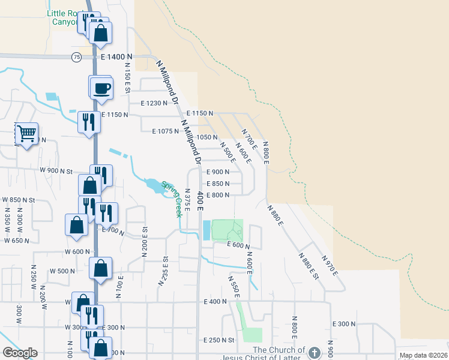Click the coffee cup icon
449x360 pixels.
click(x=101, y=88)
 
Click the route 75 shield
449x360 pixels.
click(x=76, y=56)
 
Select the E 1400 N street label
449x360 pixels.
click(x=116, y=56)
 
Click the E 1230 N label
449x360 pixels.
click(x=154, y=103)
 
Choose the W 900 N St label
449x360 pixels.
click(x=56, y=171)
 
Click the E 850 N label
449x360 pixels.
click(x=218, y=184)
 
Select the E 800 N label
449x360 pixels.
click(x=218, y=195)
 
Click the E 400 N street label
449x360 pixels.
click(x=215, y=301)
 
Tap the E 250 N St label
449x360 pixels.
click(x=218, y=340)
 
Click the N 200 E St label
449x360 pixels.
click(x=145, y=242)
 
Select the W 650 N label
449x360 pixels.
click(x=17, y=241)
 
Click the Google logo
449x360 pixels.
click(x=20, y=353)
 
